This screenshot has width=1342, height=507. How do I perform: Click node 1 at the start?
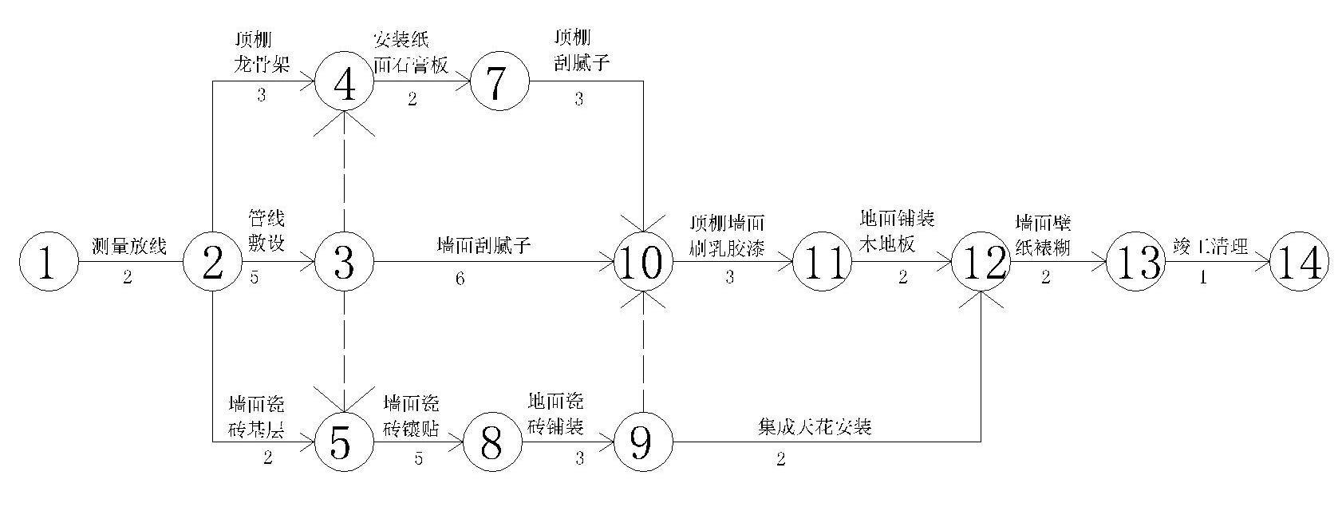click(x=48, y=263)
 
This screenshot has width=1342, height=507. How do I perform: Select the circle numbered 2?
click(x=212, y=263)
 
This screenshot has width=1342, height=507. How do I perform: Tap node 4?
click(x=344, y=81)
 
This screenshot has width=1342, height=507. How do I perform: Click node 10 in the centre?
click(x=643, y=263)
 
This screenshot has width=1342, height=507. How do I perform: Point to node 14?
click(x=1299, y=263)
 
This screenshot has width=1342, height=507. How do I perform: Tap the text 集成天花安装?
click(x=814, y=426)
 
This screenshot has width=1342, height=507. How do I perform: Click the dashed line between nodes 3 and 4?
click(x=344, y=172)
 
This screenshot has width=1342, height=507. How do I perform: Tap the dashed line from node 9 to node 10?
click(x=643, y=351)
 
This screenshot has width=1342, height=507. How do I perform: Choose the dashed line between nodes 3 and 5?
click(x=344, y=351)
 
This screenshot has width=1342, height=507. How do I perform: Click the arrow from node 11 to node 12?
click(x=902, y=263)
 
